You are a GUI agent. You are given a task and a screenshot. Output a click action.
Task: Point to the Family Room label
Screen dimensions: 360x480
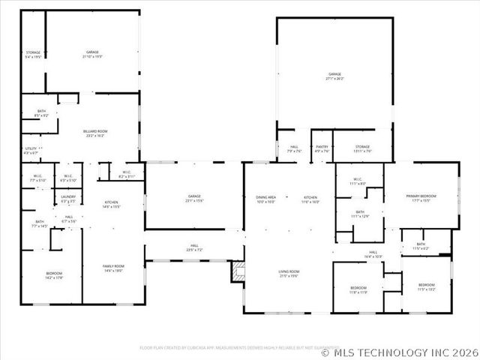(113, 268)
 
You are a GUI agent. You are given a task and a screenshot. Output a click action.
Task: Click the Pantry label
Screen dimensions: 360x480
(322, 148)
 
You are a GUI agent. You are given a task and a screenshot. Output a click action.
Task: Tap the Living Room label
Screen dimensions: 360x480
(289, 274)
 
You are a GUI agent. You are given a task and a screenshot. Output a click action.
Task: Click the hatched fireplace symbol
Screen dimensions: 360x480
(238, 271)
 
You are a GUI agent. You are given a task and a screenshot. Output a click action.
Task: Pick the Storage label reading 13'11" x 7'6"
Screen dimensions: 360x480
(363, 148)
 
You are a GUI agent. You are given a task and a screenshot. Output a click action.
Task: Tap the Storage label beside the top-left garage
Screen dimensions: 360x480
(33, 54)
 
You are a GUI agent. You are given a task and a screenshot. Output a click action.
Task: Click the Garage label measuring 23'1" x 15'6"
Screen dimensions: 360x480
(194, 199)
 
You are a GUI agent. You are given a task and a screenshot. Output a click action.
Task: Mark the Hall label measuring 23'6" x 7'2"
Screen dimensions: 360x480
(194, 247)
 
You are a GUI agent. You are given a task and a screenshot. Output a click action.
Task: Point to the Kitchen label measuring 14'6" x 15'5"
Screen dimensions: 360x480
(112, 205)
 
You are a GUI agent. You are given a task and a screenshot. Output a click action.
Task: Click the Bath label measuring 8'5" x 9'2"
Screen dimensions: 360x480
(41, 113)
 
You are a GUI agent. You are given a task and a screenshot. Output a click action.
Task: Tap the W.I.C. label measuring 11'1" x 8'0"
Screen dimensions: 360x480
(359, 181)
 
